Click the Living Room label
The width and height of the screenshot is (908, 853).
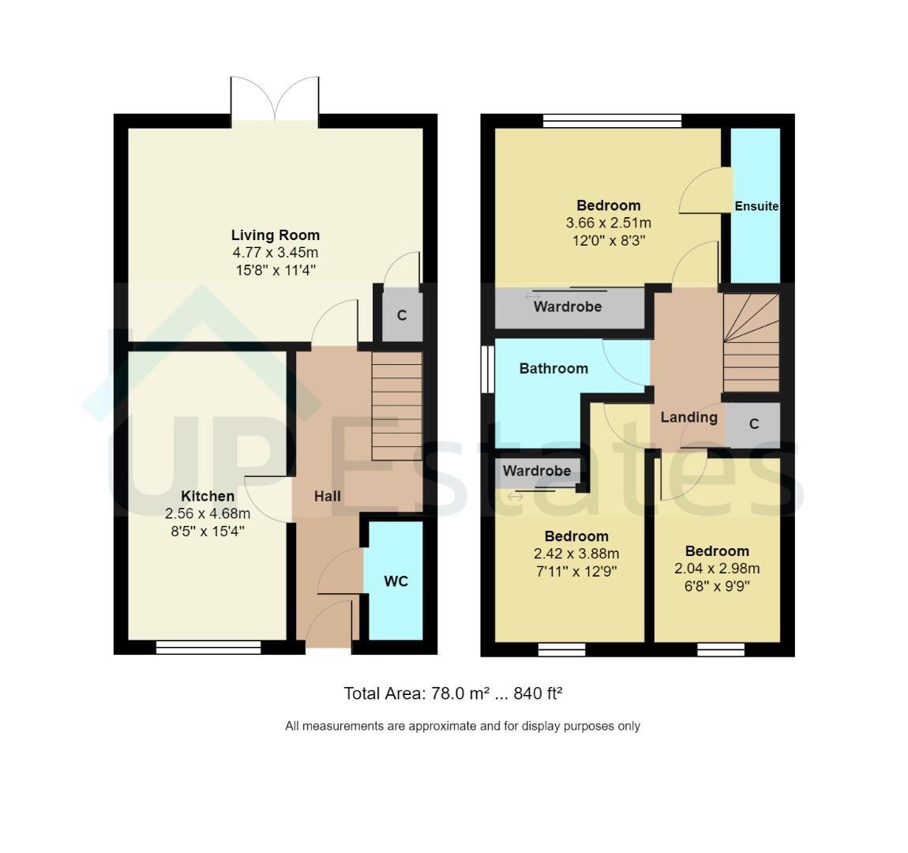(x=275, y=235)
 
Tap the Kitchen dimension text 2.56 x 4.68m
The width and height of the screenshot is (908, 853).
(x=208, y=513)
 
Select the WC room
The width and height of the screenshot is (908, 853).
(x=396, y=581)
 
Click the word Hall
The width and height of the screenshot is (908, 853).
(x=327, y=496)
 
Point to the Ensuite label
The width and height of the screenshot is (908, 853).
(x=756, y=206)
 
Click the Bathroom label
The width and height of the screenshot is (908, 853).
(x=553, y=368)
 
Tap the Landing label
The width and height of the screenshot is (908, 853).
(x=689, y=417)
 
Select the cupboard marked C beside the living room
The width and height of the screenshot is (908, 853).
(x=402, y=315)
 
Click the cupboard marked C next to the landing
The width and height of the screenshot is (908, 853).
(x=753, y=424)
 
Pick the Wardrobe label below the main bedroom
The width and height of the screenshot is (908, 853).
(x=568, y=306)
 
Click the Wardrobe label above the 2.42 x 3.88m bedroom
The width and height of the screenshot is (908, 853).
(x=537, y=471)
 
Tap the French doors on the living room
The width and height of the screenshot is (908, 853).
(x=275, y=100)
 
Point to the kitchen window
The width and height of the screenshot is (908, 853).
(x=208, y=647)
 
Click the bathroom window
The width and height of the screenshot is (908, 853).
(x=488, y=370)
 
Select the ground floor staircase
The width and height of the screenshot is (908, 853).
(x=396, y=406)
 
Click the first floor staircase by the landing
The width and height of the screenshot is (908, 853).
(x=751, y=343)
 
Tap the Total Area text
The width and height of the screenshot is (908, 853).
(x=453, y=693)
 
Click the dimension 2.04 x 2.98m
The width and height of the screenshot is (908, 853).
(x=717, y=569)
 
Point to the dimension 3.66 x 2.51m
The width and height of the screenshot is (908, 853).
(x=608, y=223)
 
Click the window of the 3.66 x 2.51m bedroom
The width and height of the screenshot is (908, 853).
(x=613, y=121)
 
